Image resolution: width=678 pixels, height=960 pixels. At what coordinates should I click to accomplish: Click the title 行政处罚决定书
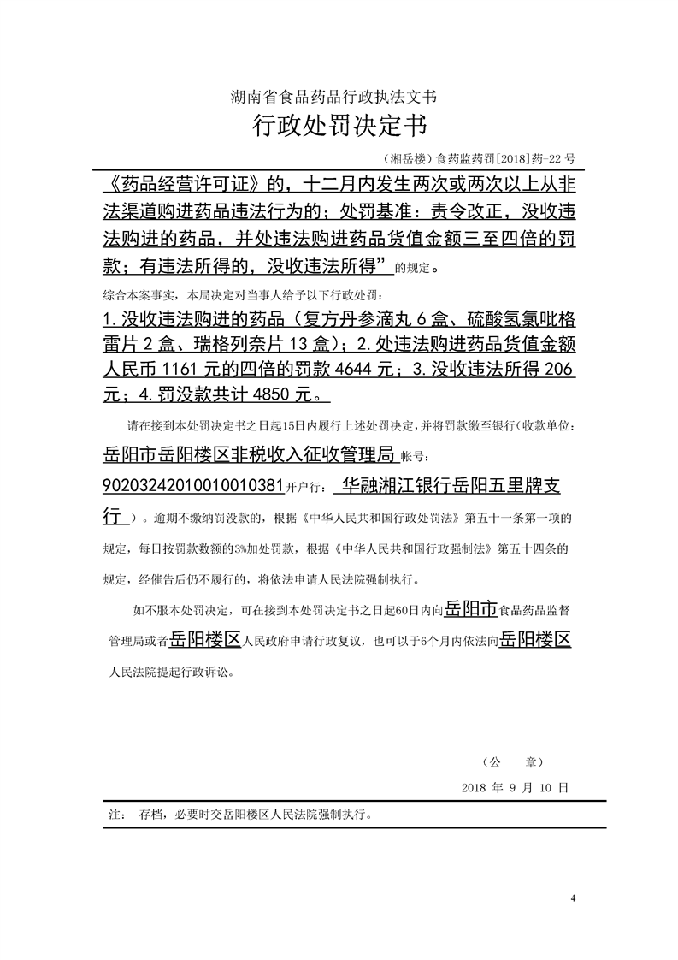click(x=339, y=127)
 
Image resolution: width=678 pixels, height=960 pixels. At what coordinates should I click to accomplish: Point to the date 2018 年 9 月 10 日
click(x=514, y=786)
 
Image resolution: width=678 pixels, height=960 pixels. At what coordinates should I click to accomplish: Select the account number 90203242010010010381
click(x=192, y=486)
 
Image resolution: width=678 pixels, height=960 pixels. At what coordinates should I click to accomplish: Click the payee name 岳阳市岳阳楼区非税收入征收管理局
click(x=247, y=453)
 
